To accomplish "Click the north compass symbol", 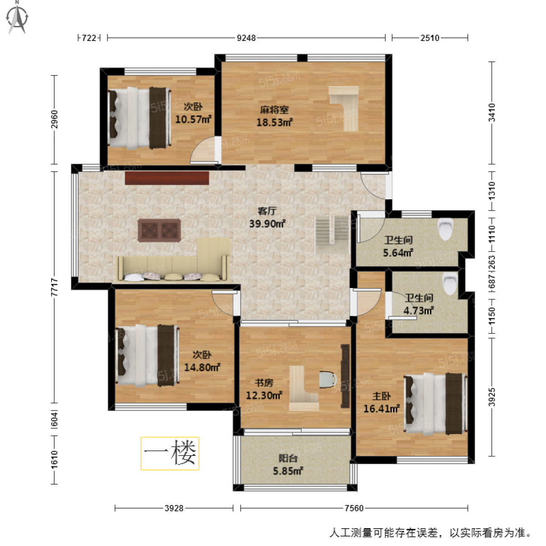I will pos(17,17).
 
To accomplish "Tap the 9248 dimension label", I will pos(246,38).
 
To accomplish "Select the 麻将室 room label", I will pos(274,110).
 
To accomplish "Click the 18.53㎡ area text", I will pos(274,122).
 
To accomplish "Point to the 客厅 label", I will pos(267,211).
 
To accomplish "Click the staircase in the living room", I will pos(332,229).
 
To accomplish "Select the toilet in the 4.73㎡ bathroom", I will pos(450,283).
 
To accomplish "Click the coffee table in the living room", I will pos(159,230).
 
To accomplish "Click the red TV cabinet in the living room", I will pos(167,178).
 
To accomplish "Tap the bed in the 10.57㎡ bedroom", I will pos(139,118).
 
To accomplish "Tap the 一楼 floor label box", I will pos(170,453).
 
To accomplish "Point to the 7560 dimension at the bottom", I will pos(354,508).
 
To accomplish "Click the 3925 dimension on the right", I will pos(492,397).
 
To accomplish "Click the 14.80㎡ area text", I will pos(202,367).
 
